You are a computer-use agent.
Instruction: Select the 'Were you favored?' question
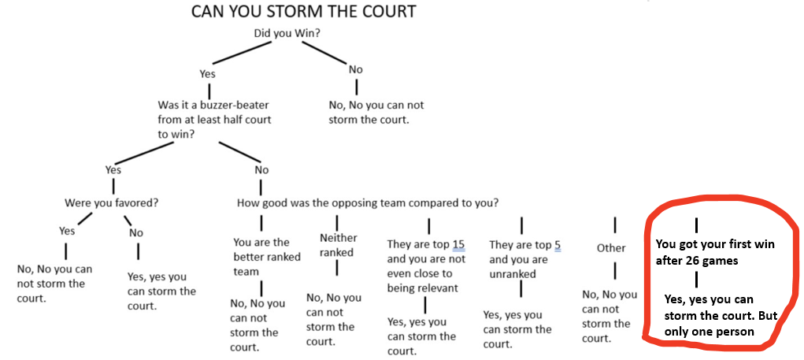tap(111, 202)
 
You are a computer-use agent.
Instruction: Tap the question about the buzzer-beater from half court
tap(216, 119)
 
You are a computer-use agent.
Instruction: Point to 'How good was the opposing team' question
tap(367, 202)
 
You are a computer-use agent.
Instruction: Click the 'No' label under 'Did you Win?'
tap(356, 69)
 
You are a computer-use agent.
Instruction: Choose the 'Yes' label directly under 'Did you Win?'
tap(207, 73)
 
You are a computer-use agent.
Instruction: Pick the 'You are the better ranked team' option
tap(261, 257)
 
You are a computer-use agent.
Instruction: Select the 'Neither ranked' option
tap(338, 245)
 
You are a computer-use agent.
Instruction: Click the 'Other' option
tap(611, 247)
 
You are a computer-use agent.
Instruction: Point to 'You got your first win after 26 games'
tap(715, 252)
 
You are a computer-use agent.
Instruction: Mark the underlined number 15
tap(458, 245)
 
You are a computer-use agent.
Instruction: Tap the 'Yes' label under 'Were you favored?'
tap(67, 231)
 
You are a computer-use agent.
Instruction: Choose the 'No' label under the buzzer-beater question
tap(261, 169)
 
